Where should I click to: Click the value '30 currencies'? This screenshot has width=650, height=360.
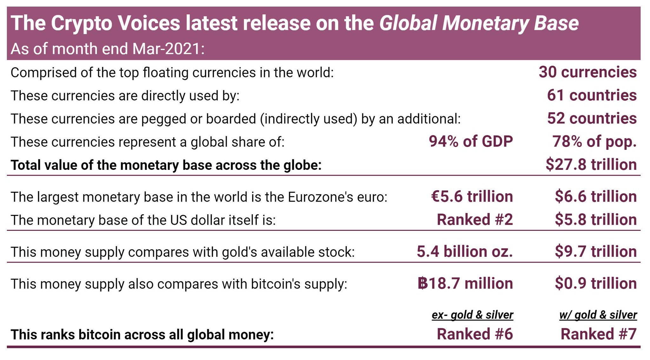pos(587,72)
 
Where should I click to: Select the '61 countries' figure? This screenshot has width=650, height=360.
pos(592,96)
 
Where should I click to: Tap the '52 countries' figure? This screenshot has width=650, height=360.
pos(592,118)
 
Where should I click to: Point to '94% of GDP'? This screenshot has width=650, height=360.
pos(471,142)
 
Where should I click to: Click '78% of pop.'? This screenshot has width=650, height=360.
pos(594,142)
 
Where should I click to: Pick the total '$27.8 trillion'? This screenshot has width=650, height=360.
pos(591,165)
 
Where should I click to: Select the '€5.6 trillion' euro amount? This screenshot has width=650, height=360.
pos(472,197)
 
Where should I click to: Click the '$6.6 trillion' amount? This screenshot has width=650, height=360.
pos(596,197)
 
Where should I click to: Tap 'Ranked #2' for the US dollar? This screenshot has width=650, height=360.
pos(474,220)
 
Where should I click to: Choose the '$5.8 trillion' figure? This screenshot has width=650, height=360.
pos(596,220)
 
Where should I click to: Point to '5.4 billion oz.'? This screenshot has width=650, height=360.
pos(465,251)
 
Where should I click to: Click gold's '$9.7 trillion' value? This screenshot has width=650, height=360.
pos(596,251)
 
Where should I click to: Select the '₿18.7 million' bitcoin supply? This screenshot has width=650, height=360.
pos(465,283)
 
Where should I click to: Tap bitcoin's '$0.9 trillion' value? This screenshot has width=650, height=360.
pos(596,283)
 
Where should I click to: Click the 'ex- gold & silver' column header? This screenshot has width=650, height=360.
pos(472,315)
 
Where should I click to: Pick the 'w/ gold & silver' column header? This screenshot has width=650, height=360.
pos(598,315)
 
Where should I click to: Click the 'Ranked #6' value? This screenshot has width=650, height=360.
pos(474,334)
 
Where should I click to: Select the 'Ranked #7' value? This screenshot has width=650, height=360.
pos(599,334)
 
